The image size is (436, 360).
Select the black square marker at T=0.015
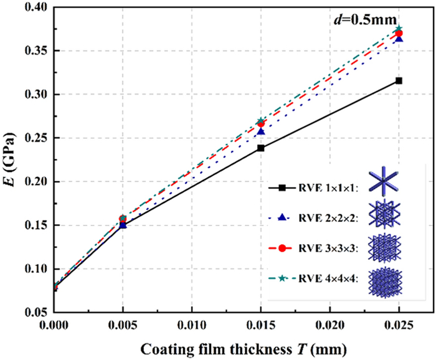click(x=260, y=148)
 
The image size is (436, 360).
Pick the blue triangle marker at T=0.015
click(x=260, y=131)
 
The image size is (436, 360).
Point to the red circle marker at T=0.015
click(x=260, y=124)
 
